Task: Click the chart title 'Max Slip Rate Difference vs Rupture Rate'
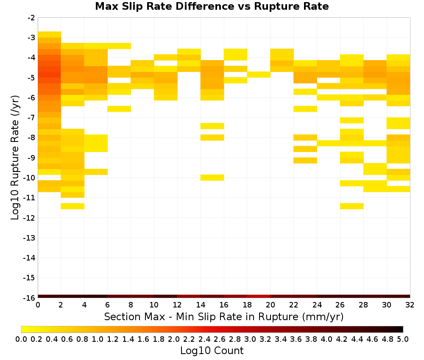(212, 6)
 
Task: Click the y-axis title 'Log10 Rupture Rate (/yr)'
(15, 158)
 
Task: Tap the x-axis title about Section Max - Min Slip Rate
(224, 317)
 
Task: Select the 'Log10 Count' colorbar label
(212, 351)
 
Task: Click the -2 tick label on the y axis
(31, 18)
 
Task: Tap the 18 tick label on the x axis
(247, 305)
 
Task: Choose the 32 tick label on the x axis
(410, 305)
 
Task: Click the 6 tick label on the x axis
(108, 305)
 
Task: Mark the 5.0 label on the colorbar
(403, 339)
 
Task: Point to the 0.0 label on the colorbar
(21, 339)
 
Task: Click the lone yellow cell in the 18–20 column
(259, 75)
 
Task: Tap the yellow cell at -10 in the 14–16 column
(212, 177)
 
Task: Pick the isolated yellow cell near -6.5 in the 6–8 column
(119, 109)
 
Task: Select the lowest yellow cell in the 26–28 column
(352, 206)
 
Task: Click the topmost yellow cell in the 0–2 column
(50, 35)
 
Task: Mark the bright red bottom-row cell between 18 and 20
(259, 296)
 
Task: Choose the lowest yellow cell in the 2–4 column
(73, 206)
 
